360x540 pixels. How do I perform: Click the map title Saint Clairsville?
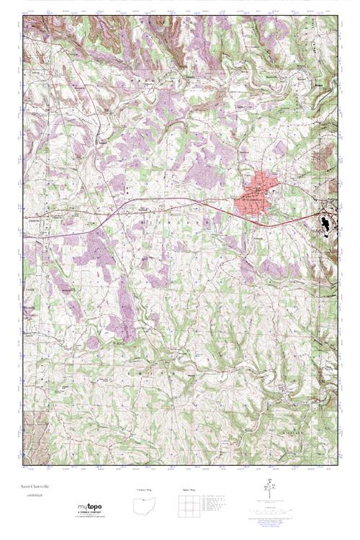click(35, 487)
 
